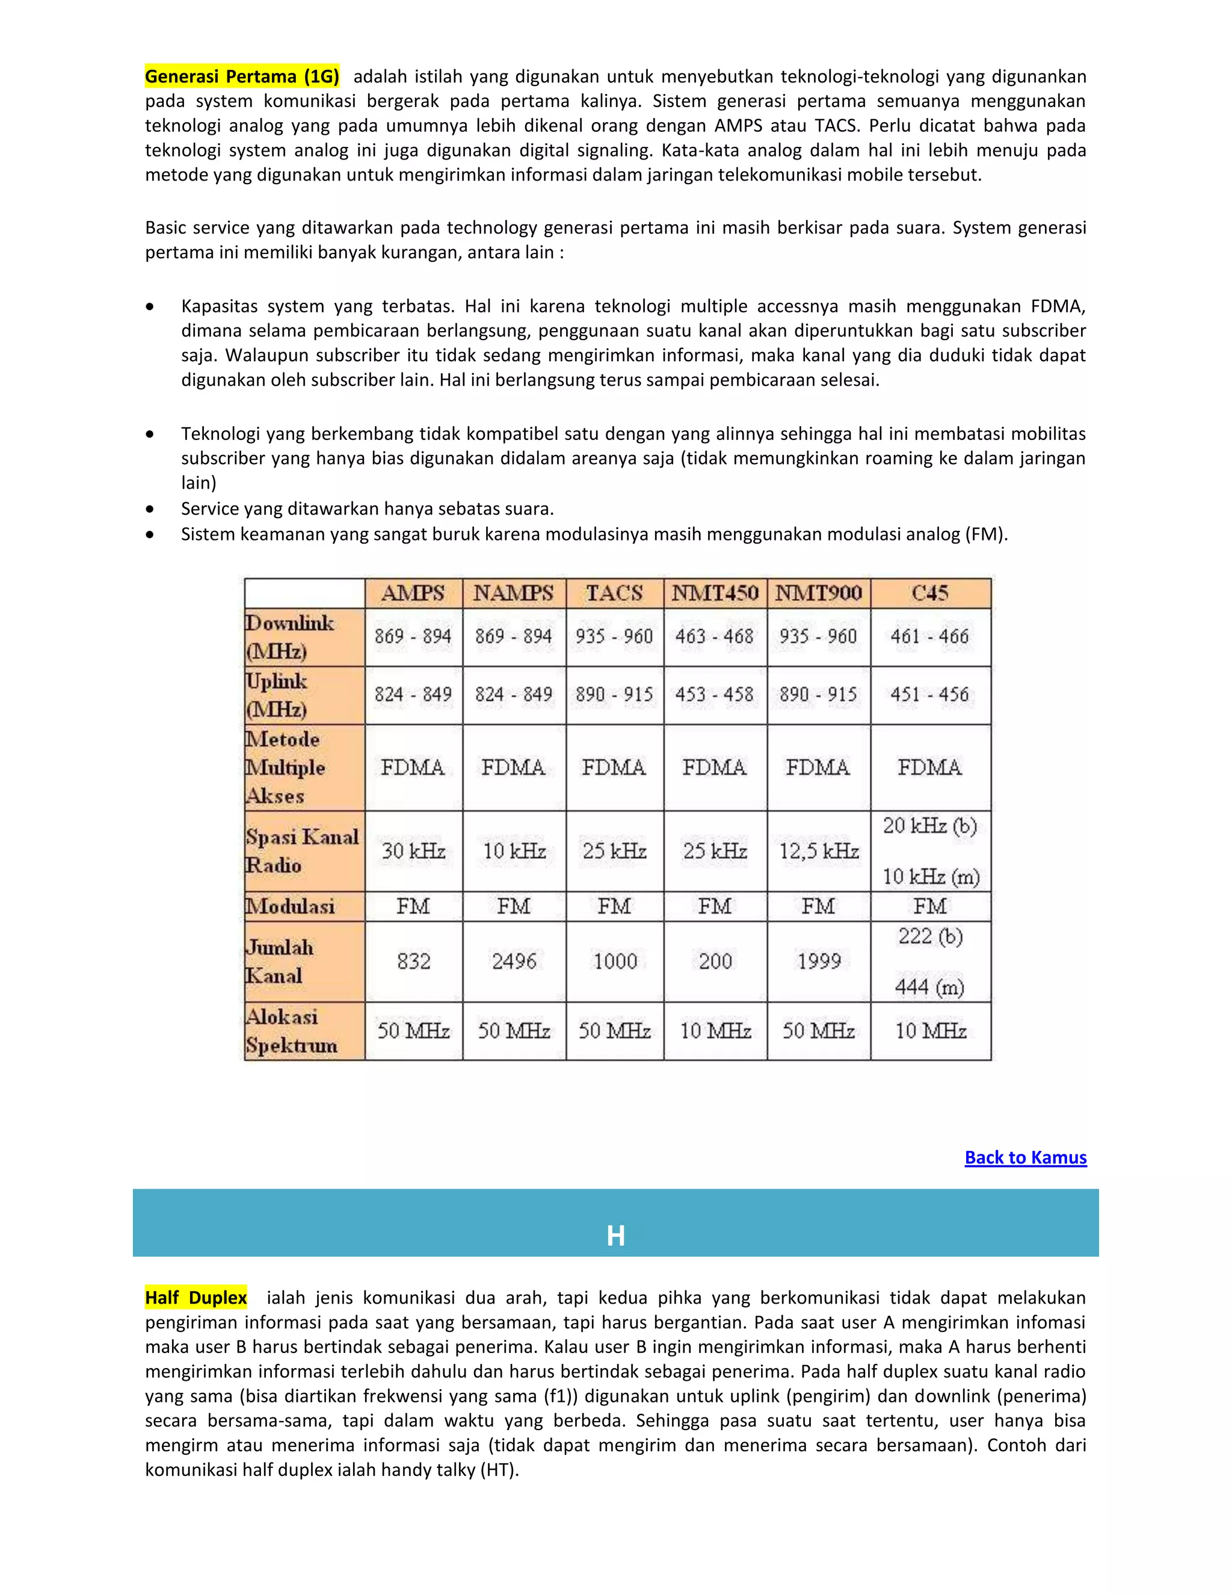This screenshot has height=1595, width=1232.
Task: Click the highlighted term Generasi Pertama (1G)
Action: (x=242, y=76)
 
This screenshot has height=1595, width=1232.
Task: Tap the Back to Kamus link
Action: (x=1026, y=1157)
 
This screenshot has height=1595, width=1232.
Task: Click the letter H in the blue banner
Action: (x=615, y=1236)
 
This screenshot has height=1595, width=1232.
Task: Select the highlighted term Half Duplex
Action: (x=196, y=1298)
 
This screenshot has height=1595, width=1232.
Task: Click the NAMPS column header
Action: (x=513, y=593)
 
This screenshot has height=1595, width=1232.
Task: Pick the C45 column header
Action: (x=930, y=593)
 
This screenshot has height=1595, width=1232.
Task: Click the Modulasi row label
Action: (x=291, y=906)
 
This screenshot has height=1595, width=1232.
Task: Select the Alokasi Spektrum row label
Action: (x=292, y=1030)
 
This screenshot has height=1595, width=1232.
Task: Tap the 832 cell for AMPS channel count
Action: (x=413, y=961)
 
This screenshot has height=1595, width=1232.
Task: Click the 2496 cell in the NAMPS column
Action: (x=514, y=961)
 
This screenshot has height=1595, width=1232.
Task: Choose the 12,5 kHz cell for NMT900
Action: (x=818, y=851)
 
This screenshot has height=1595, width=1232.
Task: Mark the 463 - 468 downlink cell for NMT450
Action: (x=714, y=636)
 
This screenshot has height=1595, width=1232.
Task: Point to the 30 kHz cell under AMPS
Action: (x=413, y=851)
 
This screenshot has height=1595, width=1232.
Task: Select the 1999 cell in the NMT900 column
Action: (x=818, y=961)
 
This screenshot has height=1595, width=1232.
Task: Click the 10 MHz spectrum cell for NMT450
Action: (x=715, y=1030)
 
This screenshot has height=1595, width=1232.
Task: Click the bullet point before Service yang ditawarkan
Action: (x=150, y=509)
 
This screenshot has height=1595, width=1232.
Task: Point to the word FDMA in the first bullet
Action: (x=1058, y=306)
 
